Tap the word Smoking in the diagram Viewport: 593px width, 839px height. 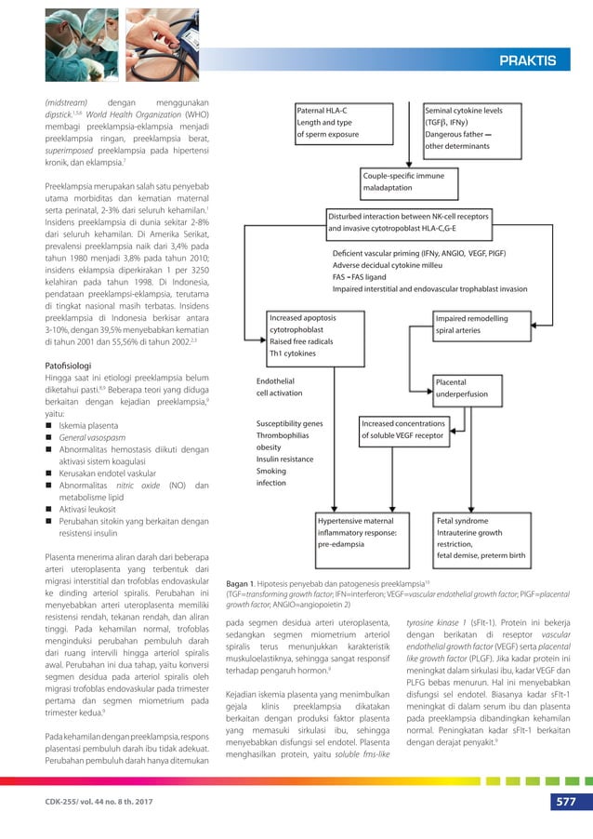pyautogui.click(x=271, y=472)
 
